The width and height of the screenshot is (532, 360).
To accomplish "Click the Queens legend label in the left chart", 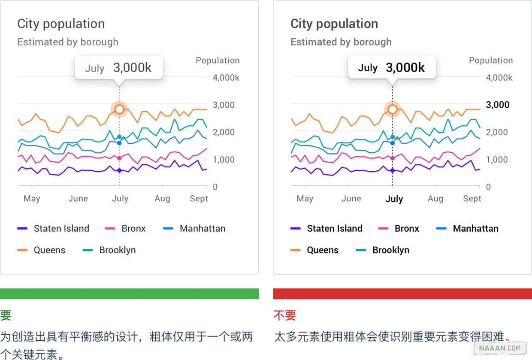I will click(x=49, y=250).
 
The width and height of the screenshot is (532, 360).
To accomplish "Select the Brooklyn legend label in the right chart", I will click(x=390, y=250).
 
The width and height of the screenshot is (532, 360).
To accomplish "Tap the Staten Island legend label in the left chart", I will click(x=61, y=228).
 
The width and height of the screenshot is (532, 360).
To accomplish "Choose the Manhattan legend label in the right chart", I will click(x=475, y=228).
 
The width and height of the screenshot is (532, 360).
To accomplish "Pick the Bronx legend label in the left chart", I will click(x=133, y=228).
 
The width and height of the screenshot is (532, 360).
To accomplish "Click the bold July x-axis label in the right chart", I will click(x=394, y=199).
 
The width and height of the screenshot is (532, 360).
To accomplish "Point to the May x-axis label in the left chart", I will click(x=32, y=198).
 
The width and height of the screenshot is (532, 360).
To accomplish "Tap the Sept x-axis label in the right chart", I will click(x=472, y=198).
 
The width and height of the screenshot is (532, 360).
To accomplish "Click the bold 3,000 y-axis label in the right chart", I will click(x=498, y=105).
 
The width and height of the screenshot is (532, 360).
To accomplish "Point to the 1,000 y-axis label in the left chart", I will click(x=224, y=160).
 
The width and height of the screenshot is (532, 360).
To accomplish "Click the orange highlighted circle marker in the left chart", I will click(x=119, y=109).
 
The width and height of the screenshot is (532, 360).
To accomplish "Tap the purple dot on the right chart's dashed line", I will click(x=393, y=171).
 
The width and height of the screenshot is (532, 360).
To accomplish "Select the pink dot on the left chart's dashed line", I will click(x=119, y=158).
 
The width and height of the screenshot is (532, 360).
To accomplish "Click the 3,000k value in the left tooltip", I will click(x=132, y=67).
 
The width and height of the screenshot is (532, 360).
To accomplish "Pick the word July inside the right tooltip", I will click(x=368, y=68).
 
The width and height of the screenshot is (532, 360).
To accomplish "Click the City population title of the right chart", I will click(x=334, y=24).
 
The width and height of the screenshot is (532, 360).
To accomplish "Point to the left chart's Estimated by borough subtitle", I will click(x=68, y=42).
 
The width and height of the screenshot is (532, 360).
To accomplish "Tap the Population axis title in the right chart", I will click(x=491, y=61).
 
